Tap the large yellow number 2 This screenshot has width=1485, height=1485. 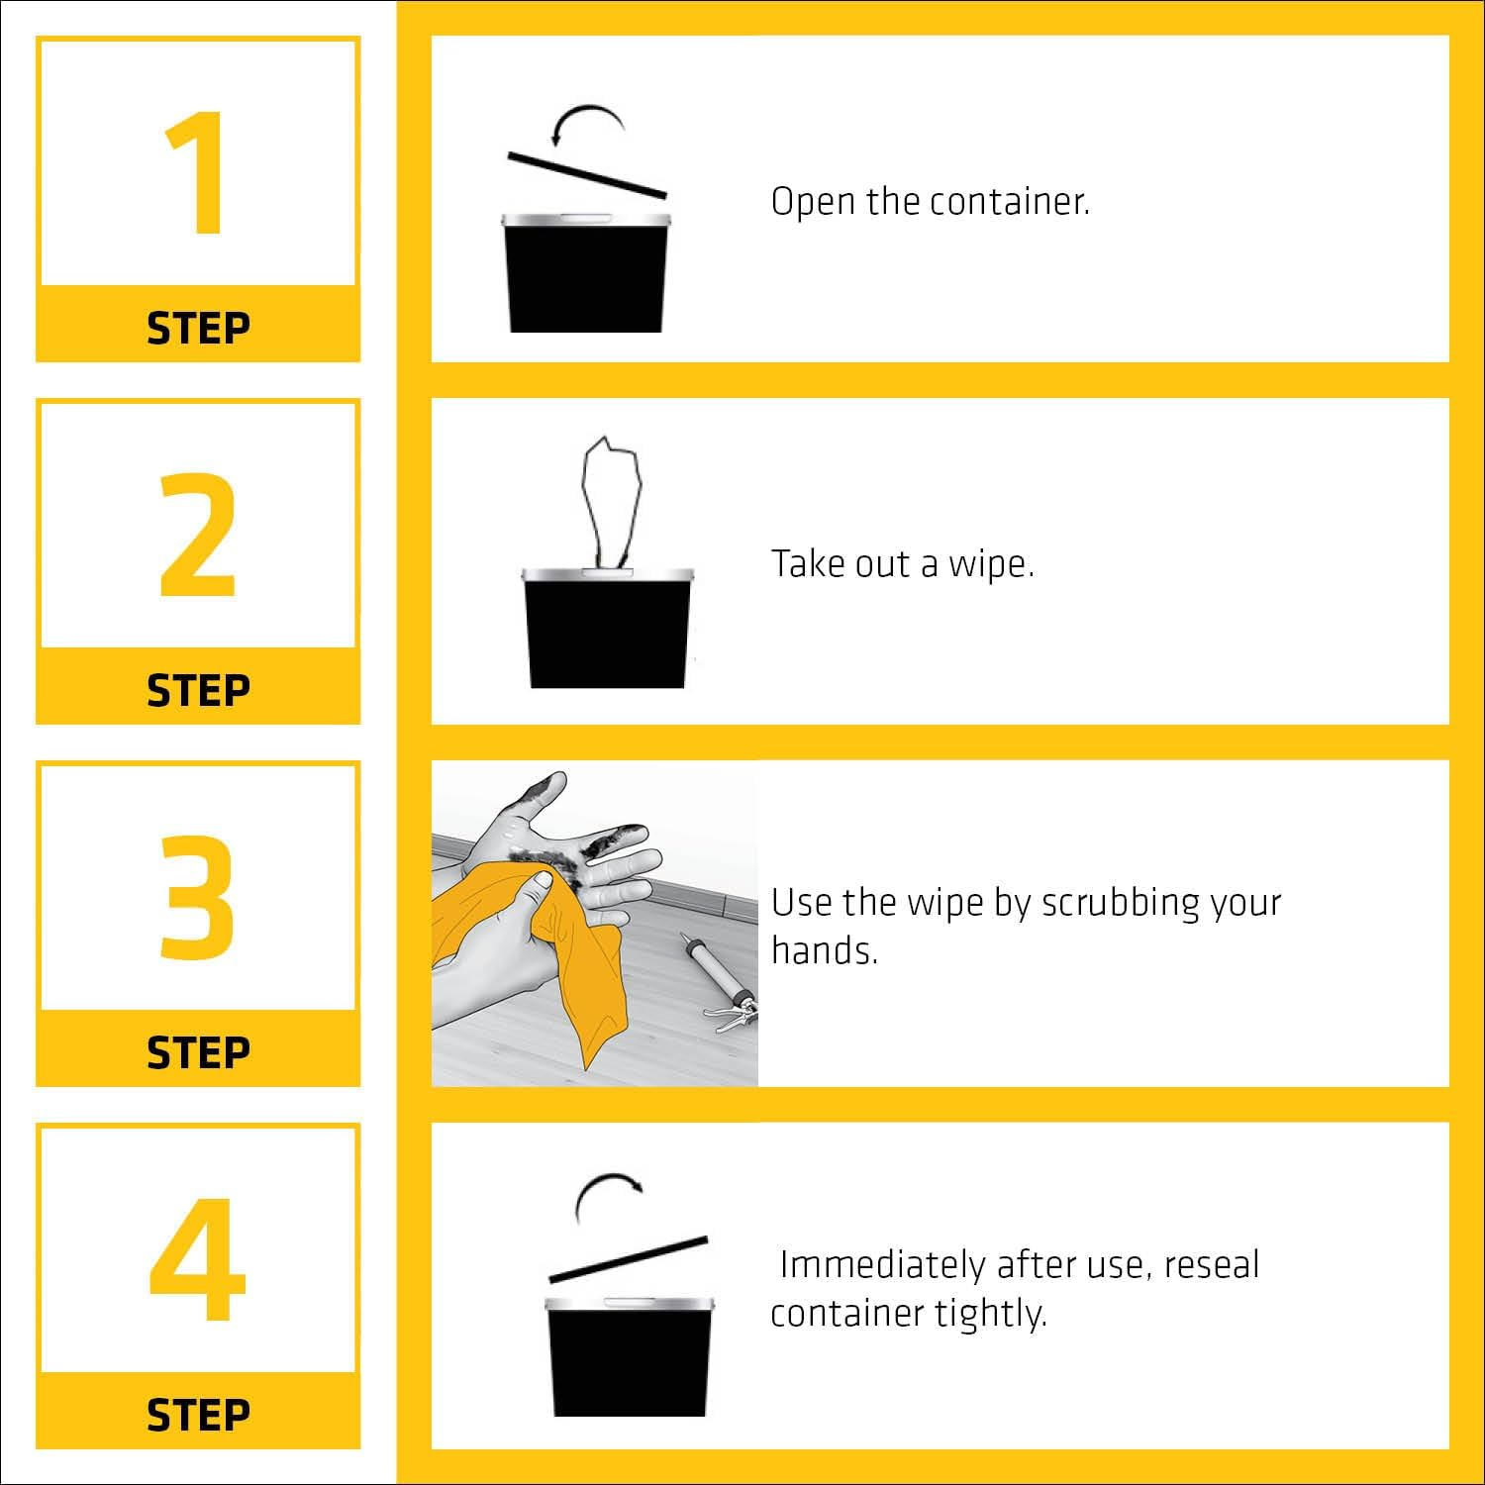coord(198,535)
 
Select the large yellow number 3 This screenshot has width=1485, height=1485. coord(198,897)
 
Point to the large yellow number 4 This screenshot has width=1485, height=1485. coord(197,1259)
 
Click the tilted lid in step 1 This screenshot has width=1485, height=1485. coord(587,175)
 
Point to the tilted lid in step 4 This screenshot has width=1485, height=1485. coord(630,1259)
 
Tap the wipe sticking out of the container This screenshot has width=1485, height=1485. coord(610,500)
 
